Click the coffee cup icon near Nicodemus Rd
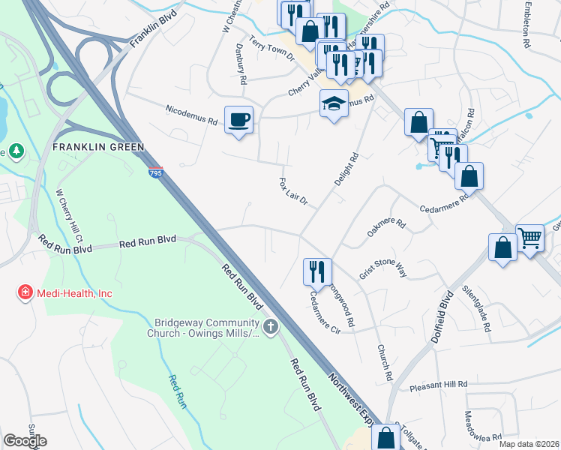coord(238,119)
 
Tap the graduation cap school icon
coord(334,103)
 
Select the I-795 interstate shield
coord(155,172)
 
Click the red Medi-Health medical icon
coord(25,292)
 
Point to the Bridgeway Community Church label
coord(207,325)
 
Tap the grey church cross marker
coord(270,326)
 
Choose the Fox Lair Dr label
coord(293,192)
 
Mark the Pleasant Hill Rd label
coord(438,385)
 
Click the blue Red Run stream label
coord(177,392)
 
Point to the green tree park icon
coord(16,151)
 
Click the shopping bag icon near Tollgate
coord(385,437)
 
